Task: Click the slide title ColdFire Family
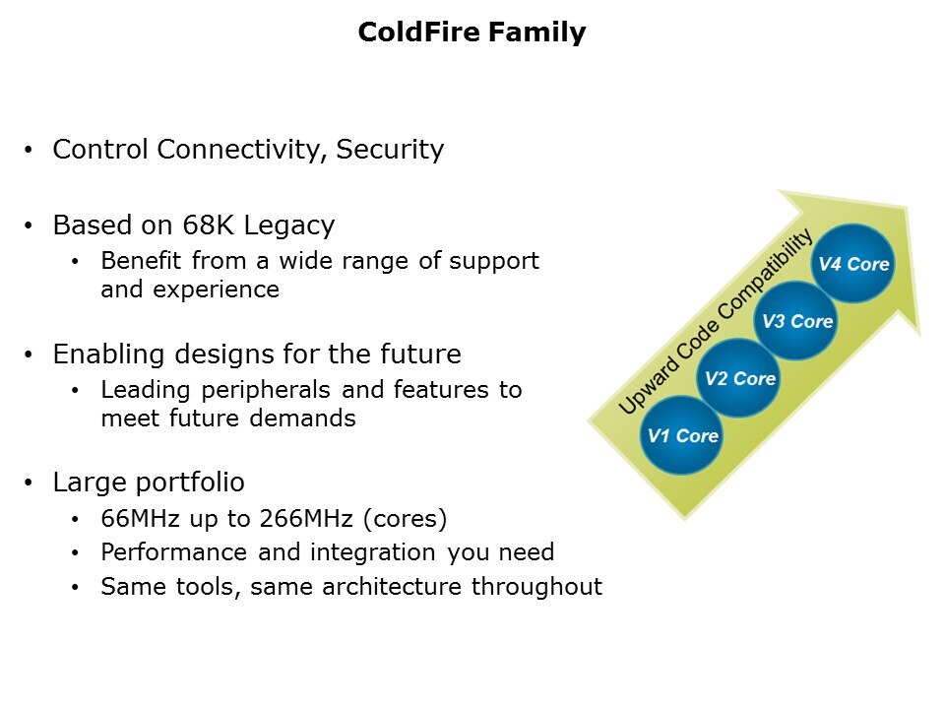(x=472, y=32)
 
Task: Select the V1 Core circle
(x=680, y=435)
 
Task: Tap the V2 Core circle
(x=738, y=378)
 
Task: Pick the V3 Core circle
(x=796, y=321)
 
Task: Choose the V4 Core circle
(x=853, y=264)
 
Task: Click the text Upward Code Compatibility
(x=716, y=321)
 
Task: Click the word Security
(x=389, y=150)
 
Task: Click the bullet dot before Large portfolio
(x=31, y=483)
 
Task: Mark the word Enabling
(x=100, y=354)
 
